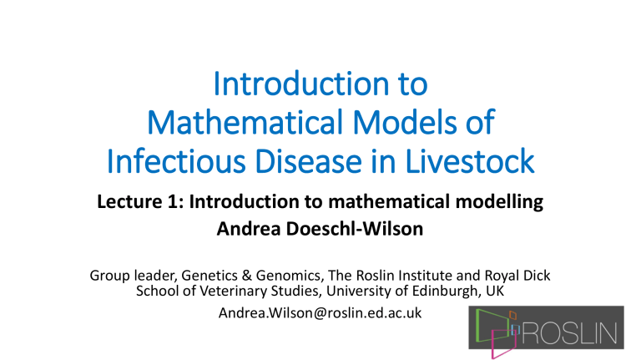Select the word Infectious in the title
click(x=176, y=160)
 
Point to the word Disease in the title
click(x=309, y=160)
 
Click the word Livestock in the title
click(x=470, y=160)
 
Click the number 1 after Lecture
click(x=174, y=201)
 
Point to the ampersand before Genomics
click(x=247, y=276)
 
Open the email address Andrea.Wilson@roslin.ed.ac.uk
click(x=320, y=313)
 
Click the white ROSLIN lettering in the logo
click(x=569, y=333)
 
